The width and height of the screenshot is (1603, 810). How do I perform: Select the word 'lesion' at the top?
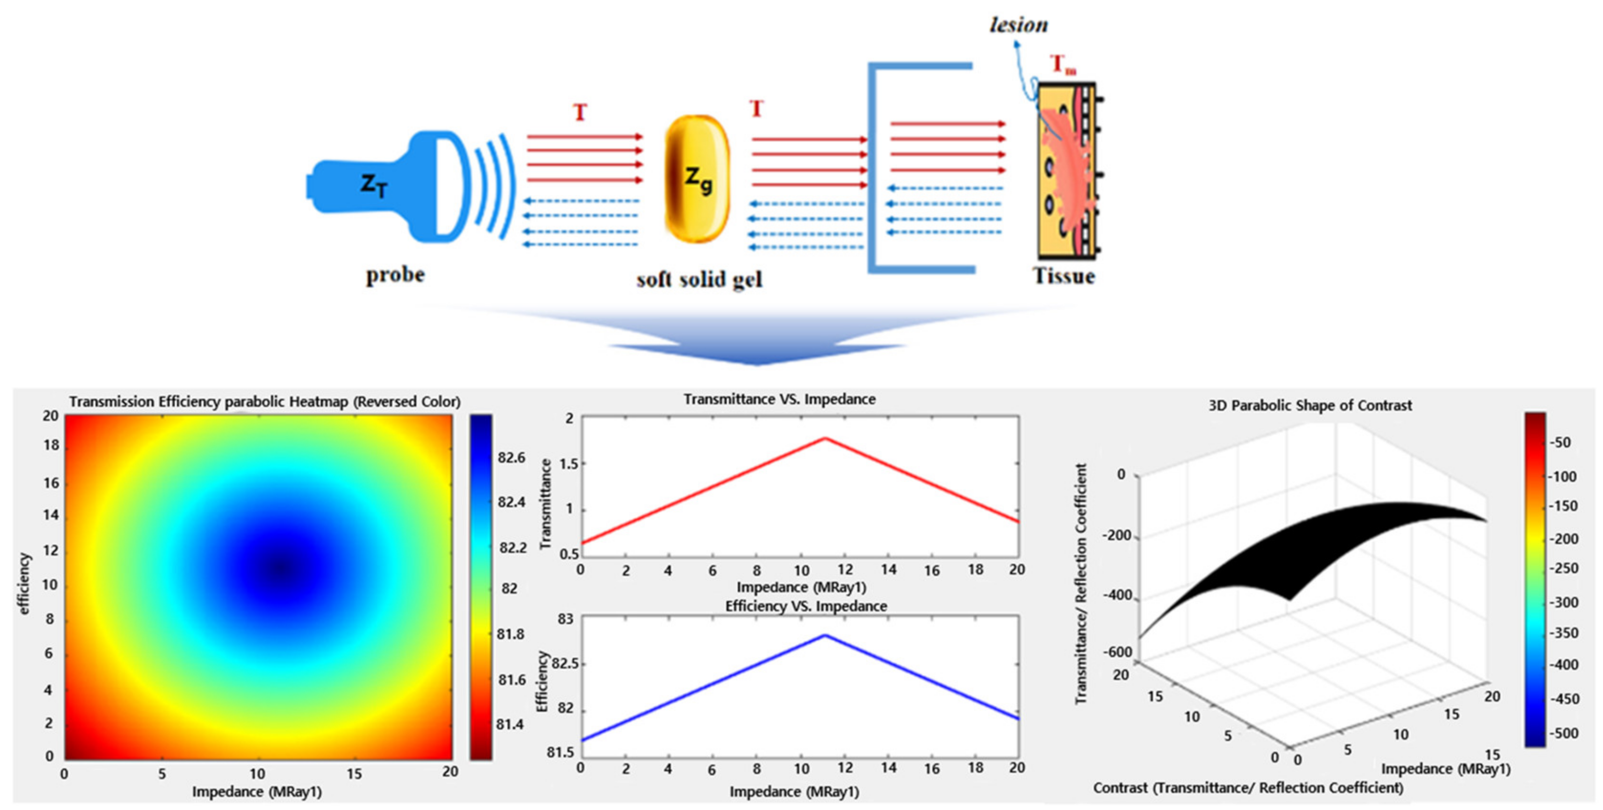click(1019, 25)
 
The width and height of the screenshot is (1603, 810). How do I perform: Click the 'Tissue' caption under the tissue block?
click(1064, 275)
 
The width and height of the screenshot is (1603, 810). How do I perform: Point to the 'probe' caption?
click(395, 274)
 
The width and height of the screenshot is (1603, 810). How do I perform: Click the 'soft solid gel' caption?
click(699, 279)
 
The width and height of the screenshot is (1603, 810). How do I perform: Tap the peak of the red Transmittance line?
click(825, 439)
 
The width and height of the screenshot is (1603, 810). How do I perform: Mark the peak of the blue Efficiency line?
click(825, 635)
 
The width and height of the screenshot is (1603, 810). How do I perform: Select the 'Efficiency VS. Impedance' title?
click(806, 606)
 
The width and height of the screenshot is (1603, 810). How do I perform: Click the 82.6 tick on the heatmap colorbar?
click(511, 458)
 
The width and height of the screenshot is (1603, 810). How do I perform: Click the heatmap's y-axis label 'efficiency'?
click(24, 584)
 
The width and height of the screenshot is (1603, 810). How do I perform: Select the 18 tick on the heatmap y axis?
click(51, 445)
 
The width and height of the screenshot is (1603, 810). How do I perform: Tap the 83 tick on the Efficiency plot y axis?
click(565, 620)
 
